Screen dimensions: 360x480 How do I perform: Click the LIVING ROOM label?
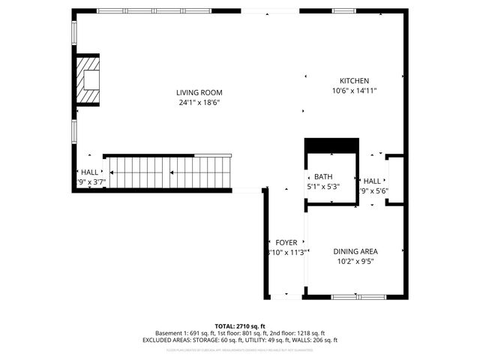point(199,92)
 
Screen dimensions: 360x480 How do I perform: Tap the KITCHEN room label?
point(354,81)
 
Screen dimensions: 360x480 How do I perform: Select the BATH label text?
point(323,176)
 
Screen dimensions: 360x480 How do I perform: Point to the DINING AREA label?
point(355,251)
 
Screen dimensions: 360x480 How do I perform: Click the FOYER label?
point(286,242)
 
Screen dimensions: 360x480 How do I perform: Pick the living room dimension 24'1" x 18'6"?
point(199,103)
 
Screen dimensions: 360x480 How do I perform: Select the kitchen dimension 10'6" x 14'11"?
point(354,91)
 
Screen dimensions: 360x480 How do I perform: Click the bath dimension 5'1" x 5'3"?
point(323,186)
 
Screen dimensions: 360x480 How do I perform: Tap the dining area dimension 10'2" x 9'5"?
point(355,262)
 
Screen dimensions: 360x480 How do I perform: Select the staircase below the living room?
point(169,172)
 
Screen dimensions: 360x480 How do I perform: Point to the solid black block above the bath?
point(330,145)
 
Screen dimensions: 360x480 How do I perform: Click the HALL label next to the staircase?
point(89,172)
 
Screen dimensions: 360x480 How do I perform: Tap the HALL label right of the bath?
point(372,181)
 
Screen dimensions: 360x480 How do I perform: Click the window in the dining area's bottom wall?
point(354,297)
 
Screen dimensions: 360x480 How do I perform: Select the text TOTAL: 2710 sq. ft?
point(240,326)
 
